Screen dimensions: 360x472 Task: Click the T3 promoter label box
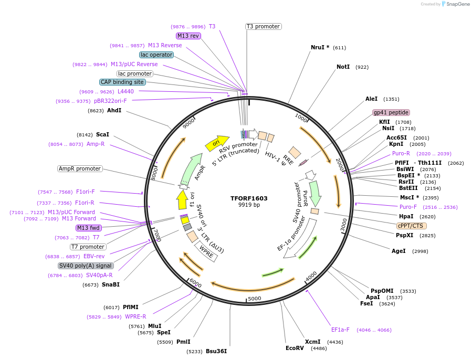263,26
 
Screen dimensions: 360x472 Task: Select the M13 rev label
188,36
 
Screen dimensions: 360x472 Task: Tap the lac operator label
156,55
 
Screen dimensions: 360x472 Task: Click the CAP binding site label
122,82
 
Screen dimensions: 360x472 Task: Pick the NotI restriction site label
343,67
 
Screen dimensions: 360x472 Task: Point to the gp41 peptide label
391,112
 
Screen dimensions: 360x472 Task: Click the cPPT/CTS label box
411,226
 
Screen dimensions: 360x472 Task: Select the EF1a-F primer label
340,330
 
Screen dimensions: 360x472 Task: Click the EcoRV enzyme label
295,348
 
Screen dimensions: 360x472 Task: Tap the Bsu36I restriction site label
216,351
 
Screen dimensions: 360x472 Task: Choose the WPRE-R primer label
135,316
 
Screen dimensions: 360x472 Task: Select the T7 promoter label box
88,247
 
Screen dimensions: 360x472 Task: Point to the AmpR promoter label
80,168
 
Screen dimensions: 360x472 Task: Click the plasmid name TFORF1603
249,198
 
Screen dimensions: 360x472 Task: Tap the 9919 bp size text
249,205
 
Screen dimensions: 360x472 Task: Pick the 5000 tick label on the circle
254,298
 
